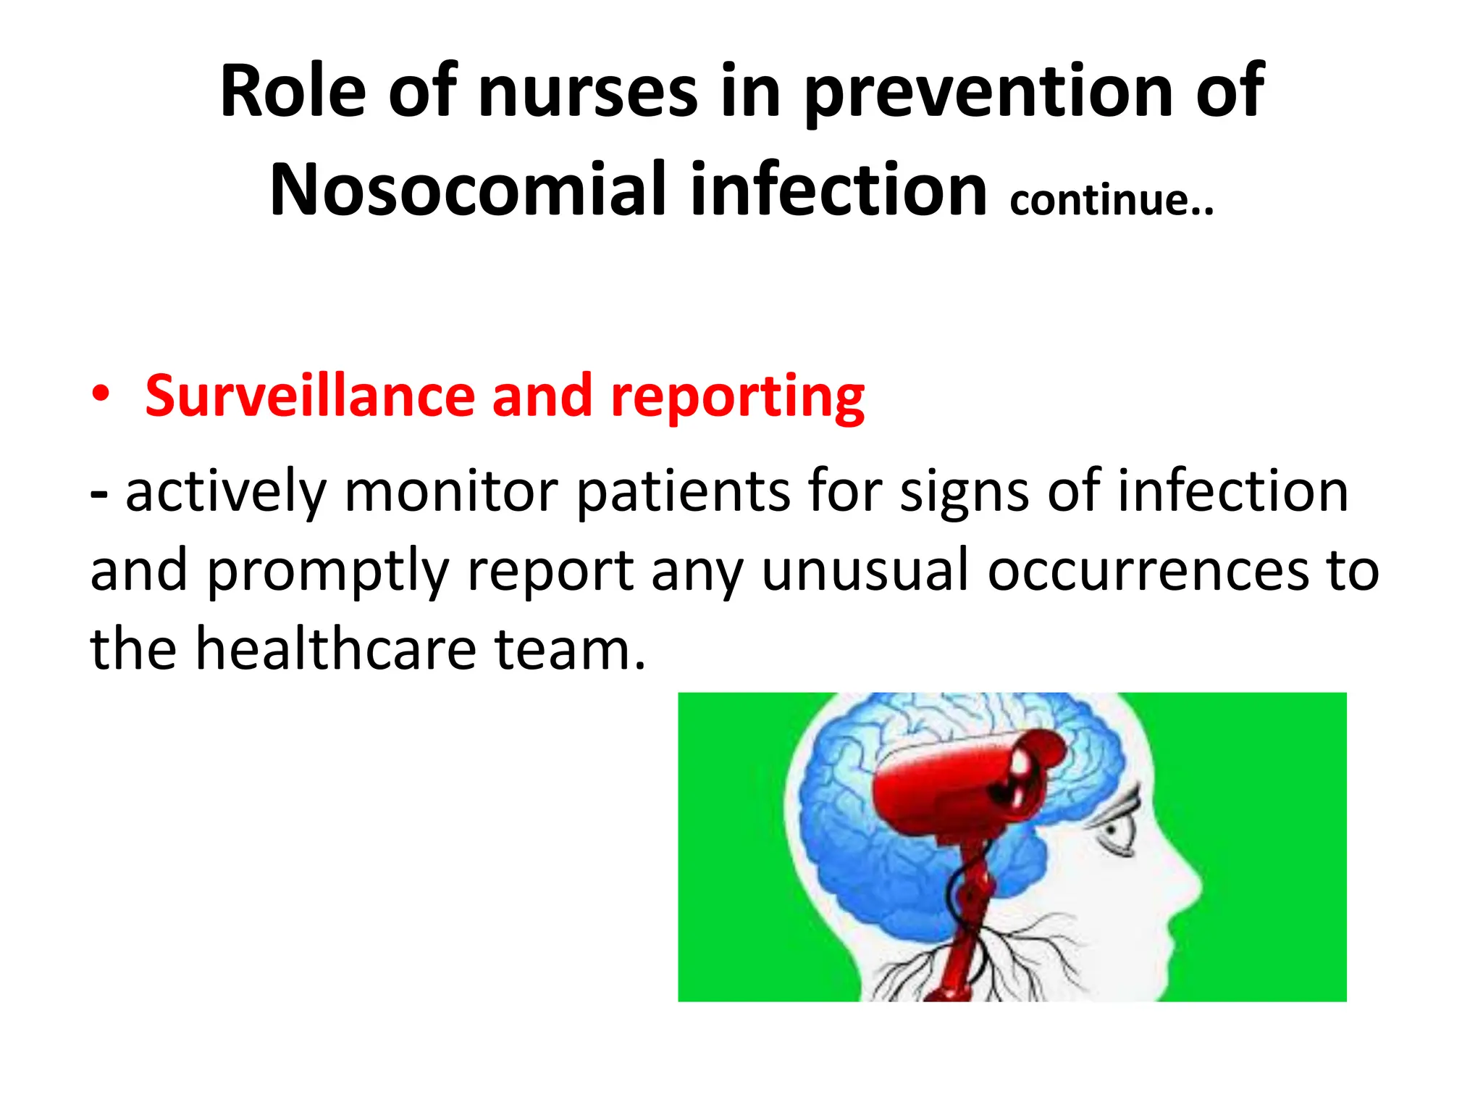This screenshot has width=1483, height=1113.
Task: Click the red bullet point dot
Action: coord(101,395)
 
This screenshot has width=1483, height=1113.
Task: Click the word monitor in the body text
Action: coord(451,491)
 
